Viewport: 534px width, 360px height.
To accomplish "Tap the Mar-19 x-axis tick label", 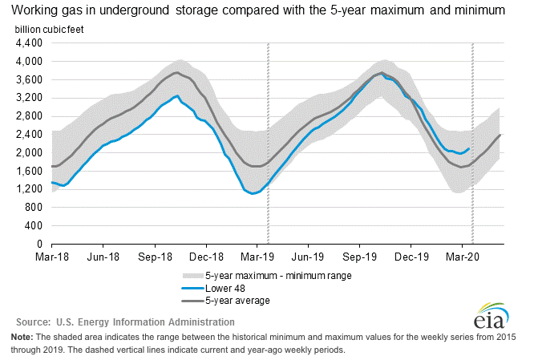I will click(257, 257).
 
